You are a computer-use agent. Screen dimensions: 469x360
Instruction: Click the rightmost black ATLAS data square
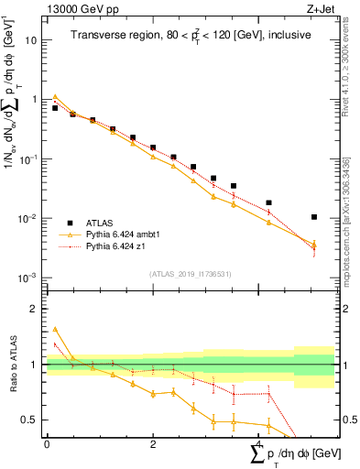tap(314, 217)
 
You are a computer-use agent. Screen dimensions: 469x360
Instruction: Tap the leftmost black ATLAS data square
tap(55, 108)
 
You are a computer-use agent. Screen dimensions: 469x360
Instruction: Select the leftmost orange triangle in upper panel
tap(55, 96)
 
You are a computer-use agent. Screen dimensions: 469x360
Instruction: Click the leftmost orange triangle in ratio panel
tap(55, 329)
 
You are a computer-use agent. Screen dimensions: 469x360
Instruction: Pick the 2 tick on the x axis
tap(153, 443)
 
